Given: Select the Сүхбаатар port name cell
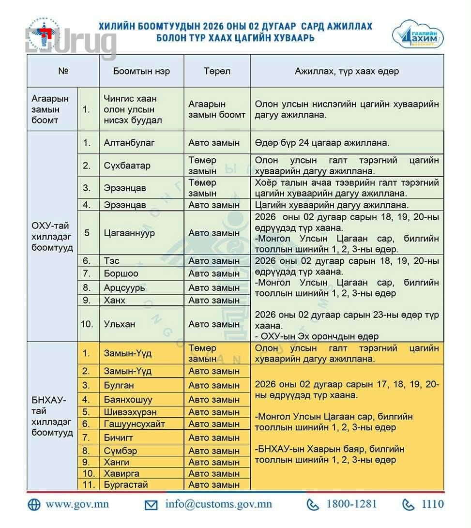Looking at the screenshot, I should pyautogui.click(x=127, y=166).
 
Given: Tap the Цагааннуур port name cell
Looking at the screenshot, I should pyautogui.click(x=129, y=233).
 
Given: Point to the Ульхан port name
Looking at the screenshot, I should pyautogui.click(x=120, y=324).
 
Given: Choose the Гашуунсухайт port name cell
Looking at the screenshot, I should pyautogui.click(x=135, y=424).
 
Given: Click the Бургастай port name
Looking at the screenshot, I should pyautogui.click(x=126, y=484).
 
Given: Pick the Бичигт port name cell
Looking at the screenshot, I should pyautogui.click(x=118, y=438).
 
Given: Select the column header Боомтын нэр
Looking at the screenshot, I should pyautogui.click(x=141, y=71).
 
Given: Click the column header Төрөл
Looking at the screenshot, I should pyautogui.click(x=217, y=71).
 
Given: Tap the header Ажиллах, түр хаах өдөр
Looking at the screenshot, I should pyautogui.click(x=347, y=71).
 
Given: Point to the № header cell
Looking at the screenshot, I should pyautogui.click(x=63, y=71).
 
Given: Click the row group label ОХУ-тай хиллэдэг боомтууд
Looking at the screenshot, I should pyautogui.click(x=52, y=237).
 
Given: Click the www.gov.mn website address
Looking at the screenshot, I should pyautogui.click(x=77, y=504).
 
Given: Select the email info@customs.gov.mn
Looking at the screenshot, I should pyautogui.click(x=218, y=504).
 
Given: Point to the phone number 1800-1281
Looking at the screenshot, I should pyautogui.click(x=351, y=504).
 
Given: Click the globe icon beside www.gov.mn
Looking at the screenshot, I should pyautogui.click(x=34, y=504).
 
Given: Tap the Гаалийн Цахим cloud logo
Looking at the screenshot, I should pyautogui.click(x=418, y=35).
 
